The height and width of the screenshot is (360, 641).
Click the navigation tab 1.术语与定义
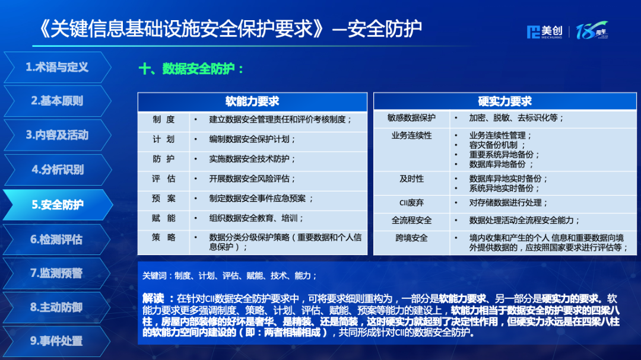(57, 68)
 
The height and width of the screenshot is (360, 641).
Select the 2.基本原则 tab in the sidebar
(57, 101)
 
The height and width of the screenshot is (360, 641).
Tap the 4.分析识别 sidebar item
(57, 170)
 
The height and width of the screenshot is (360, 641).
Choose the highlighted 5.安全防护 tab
(57, 204)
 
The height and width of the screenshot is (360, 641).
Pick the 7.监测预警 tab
(57, 273)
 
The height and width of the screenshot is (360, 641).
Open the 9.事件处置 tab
(57, 341)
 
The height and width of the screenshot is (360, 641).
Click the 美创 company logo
(544, 31)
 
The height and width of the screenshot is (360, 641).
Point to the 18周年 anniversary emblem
(592, 31)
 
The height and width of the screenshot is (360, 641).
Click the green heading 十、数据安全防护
(191, 69)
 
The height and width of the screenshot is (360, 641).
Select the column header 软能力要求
(252, 101)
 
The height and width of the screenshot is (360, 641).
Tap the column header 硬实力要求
(505, 101)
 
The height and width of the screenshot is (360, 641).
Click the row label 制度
(164, 119)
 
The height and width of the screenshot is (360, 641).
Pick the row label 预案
(164, 199)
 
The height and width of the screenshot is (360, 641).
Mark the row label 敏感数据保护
(412, 117)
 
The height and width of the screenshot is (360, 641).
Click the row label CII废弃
(412, 203)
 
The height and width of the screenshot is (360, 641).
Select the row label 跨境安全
(412, 238)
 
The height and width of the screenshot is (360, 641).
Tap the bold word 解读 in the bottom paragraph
(153, 298)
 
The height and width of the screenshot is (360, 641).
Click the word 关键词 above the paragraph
(154, 276)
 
